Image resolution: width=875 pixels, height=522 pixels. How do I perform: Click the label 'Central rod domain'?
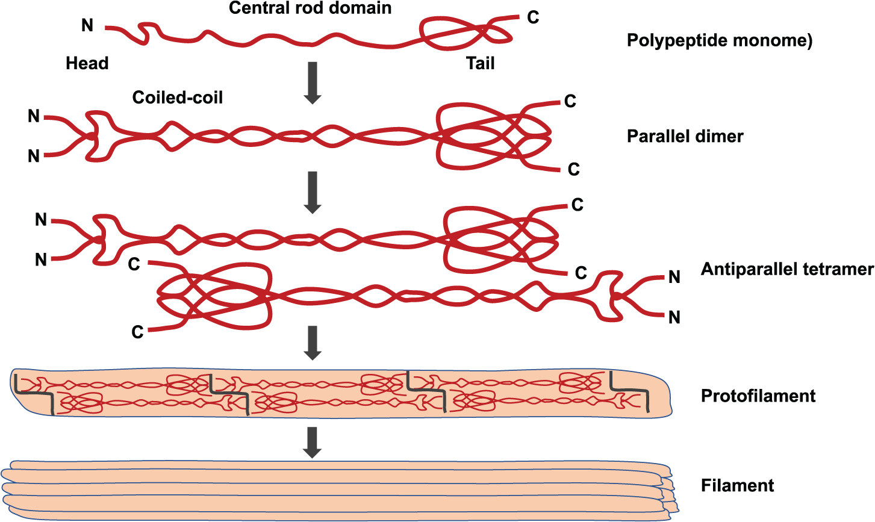click(310, 8)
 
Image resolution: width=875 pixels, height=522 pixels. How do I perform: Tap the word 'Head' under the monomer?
click(87, 63)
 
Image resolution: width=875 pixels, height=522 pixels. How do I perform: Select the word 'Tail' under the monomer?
click(480, 63)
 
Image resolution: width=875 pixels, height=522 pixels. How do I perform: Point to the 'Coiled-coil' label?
click(178, 97)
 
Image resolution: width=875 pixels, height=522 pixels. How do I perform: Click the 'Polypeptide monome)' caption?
click(720, 40)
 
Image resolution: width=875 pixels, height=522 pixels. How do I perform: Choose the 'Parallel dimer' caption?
click(685, 136)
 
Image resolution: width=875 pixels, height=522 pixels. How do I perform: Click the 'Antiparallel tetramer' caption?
click(787, 269)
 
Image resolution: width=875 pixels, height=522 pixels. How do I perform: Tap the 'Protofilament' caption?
click(758, 396)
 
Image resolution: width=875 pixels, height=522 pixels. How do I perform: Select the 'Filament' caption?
click(738, 485)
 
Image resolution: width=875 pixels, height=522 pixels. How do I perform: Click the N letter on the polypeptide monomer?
click(87, 25)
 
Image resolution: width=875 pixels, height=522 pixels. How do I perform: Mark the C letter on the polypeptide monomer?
click(533, 17)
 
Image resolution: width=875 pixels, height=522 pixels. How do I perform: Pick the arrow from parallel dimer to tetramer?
click(312, 192)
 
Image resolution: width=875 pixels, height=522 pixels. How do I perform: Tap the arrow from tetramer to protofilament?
click(312, 343)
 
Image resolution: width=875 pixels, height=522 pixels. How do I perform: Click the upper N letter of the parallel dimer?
click(34, 116)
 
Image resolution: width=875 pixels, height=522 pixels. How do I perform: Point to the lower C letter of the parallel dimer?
click(573, 170)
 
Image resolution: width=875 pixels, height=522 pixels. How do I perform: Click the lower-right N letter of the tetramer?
click(674, 317)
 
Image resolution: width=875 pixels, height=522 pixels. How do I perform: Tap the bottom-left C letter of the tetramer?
click(137, 332)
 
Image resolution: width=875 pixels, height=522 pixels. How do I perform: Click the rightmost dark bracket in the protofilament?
click(630, 392)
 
